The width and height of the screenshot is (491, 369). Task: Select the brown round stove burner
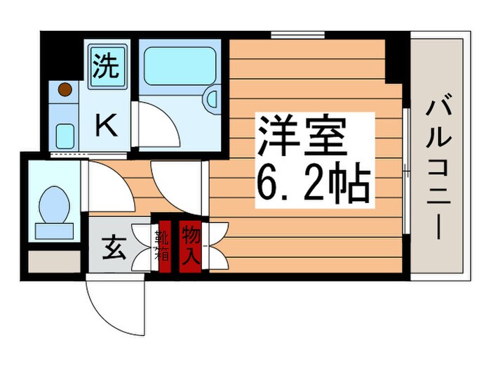(65, 90)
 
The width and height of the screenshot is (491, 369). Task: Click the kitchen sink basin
(66, 134)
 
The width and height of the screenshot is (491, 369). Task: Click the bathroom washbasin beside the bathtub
(211, 101)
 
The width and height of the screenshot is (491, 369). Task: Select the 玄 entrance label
(114, 248)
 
